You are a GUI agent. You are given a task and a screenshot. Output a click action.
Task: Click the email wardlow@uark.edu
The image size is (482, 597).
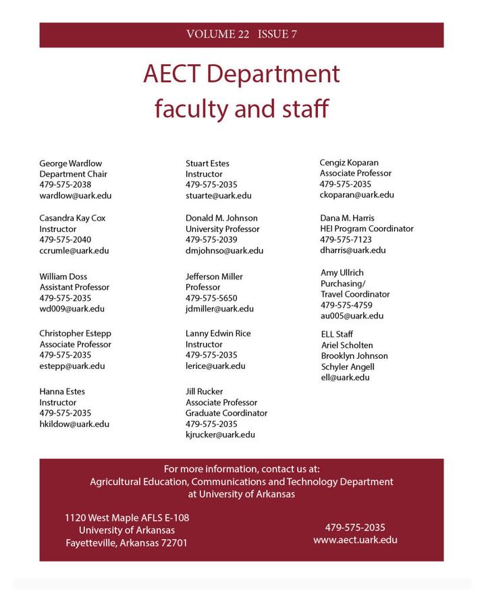click(76, 196)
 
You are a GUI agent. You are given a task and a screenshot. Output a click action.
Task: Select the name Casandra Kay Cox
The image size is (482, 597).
click(72, 218)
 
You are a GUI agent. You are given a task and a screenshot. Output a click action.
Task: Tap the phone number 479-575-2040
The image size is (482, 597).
click(65, 239)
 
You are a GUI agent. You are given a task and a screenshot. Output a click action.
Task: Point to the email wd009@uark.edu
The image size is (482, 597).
click(72, 309)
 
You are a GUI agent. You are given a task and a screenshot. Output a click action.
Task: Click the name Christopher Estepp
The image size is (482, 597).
click(76, 333)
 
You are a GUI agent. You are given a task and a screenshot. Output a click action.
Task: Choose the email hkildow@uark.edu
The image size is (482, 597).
click(74, 424)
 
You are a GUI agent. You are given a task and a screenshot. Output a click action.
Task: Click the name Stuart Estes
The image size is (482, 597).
click(208, 163)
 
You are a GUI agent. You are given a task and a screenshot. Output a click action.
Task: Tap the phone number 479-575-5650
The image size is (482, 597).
click(212, 298)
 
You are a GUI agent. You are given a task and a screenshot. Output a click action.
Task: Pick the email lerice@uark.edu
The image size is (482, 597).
click(216, 366)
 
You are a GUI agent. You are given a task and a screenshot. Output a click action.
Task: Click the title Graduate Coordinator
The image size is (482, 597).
click(227, 413)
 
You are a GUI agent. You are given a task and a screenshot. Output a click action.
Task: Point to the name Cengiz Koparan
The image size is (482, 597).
click(349, 163)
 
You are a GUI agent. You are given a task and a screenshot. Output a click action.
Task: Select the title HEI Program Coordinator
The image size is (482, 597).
click(367, 229)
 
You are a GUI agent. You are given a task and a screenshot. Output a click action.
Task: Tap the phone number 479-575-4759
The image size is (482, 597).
click(346, 305)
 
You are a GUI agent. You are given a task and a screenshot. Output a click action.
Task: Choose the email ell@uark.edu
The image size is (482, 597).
click(346, 378)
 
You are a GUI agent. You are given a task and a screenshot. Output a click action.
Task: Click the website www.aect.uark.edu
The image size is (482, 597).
click(355, 540)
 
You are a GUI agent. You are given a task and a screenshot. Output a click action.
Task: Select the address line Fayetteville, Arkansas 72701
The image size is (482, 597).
click(127, 543)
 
